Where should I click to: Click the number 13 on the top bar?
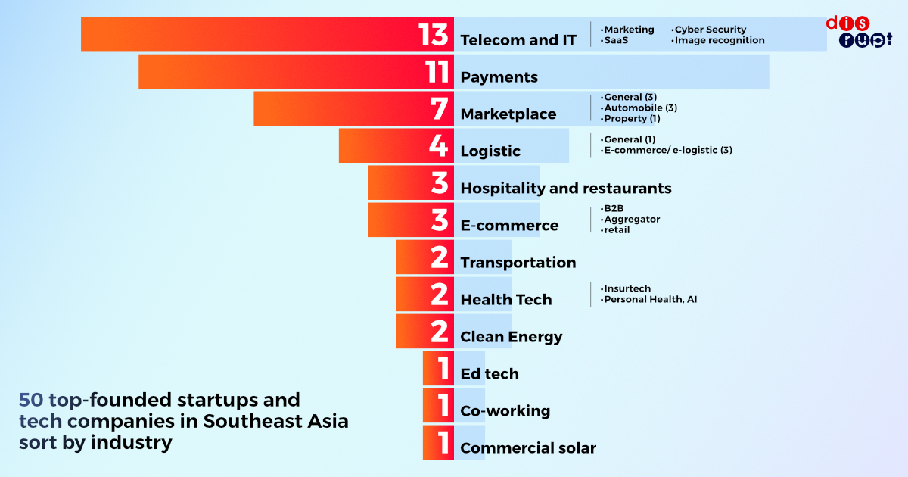click(x=434, y=36)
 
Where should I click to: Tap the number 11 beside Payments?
click(x=437, y=73)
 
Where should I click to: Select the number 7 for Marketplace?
click(x=440, y=109)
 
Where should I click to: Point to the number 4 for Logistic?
click(x=439, y=146)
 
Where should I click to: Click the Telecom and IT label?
click(x=518, y=40)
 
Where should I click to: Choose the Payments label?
click(x=499, y=77)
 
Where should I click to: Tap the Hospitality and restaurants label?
click(x=566, y=188)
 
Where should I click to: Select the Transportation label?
click(x=518, y=263)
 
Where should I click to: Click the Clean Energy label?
click(x=512, y=337)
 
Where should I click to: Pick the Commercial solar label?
click(x=528, y=448)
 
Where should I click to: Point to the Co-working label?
click(x=505, y=411)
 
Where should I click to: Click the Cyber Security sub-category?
click(x=710, y=30)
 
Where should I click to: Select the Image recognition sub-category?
click(x=719, y=40)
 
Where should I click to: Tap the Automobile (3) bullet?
click(x=640, y=108)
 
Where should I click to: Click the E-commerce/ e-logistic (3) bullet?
click(x=667, y=150)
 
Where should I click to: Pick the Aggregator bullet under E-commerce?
click(x=631, y=219)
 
